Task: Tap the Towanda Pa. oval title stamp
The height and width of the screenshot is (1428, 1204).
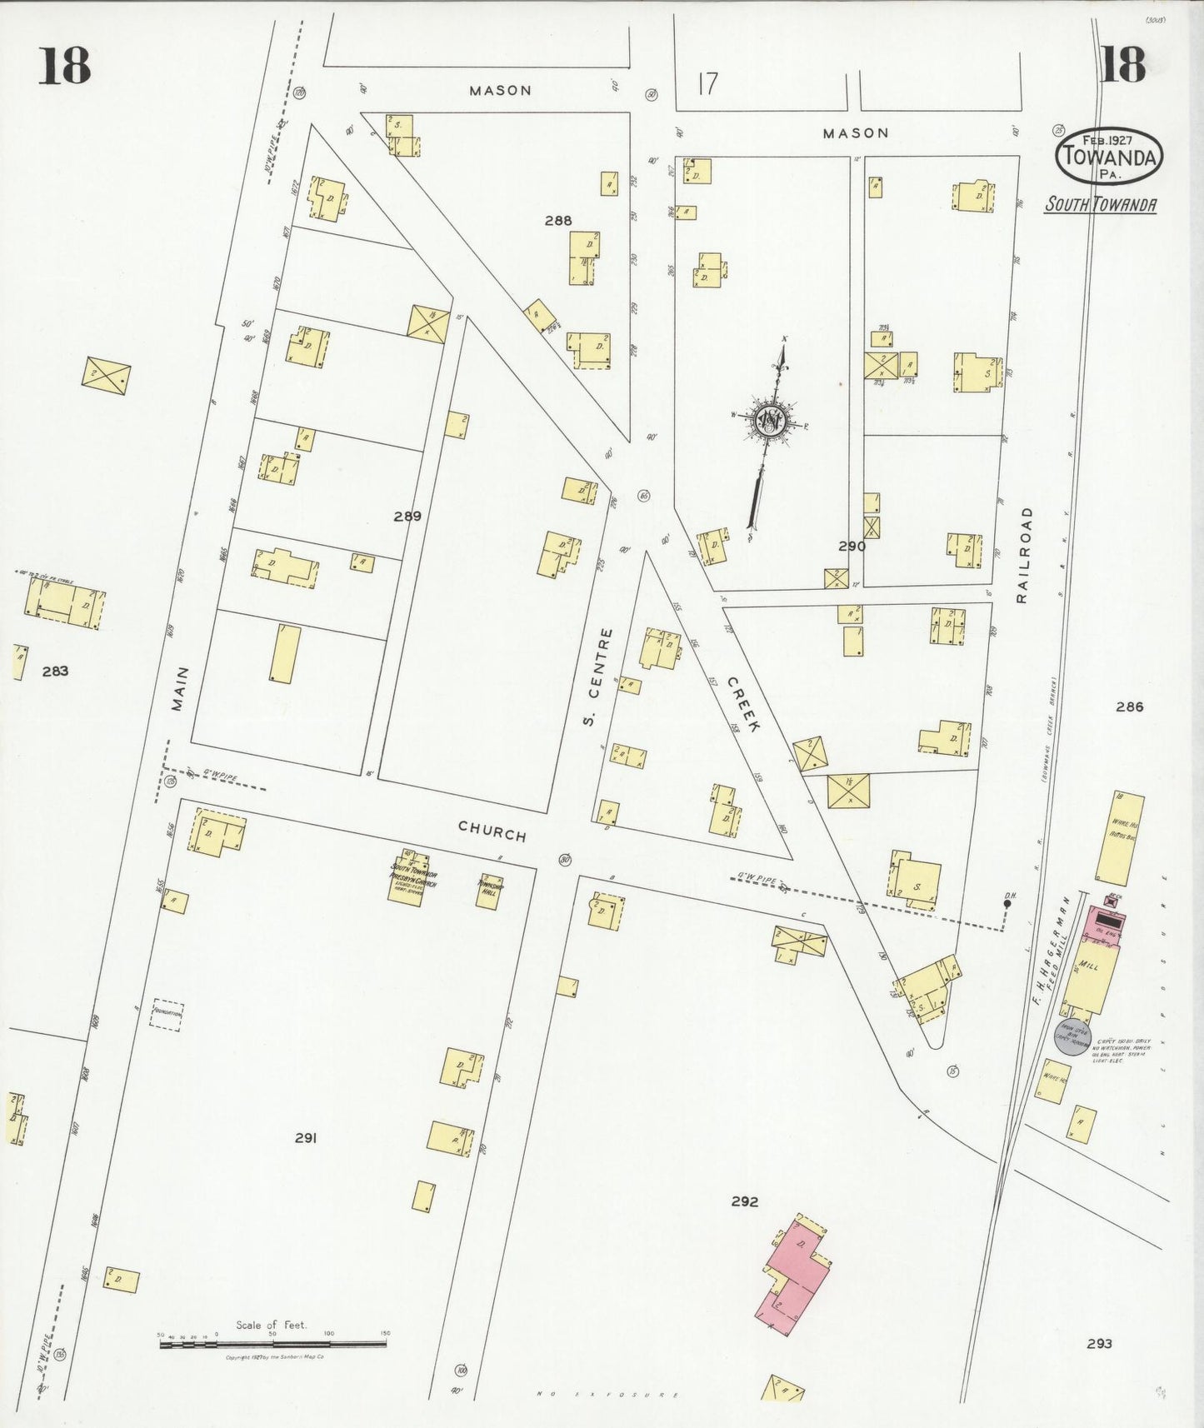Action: [x=1108, y=156]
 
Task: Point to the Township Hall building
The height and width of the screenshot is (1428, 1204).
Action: [x=490, y=891]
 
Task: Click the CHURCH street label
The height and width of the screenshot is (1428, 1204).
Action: [x=492, y=831]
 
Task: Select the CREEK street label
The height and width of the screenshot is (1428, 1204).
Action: [x=744, y=704]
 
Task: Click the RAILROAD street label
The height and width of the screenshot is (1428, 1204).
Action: [x=1024, y=554]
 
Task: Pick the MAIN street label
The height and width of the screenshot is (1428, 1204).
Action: [x=180, y=688]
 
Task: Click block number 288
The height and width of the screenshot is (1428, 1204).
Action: [x=558, y=221]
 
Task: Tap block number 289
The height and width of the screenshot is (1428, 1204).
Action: [x=407, y=517]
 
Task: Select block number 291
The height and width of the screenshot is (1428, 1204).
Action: [x=306, y=1138]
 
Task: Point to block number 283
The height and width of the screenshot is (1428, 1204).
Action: [x=55, y=671]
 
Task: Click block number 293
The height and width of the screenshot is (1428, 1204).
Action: [x=1099, y=1343]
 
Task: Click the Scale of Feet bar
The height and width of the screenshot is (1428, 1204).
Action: [x=273, y=1343]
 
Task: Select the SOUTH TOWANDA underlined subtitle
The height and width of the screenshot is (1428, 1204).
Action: [x=1100, y=204]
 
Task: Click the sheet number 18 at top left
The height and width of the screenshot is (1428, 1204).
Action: [x=63, y=65]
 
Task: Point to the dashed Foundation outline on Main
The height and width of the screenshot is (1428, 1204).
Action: [x=166, y=1015]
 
